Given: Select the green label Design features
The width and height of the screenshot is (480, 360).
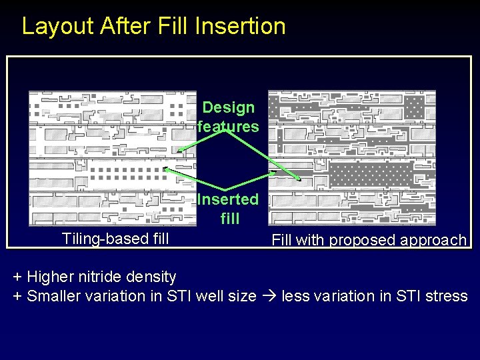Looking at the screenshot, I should (229, 117).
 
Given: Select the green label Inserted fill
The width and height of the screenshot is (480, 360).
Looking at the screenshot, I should (229, 208).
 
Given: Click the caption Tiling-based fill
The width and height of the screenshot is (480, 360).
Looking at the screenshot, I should (115, 239).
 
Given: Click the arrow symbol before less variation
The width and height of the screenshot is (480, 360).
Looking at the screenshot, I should (269, 296).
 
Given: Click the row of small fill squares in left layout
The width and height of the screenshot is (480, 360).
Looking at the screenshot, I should (127, 175).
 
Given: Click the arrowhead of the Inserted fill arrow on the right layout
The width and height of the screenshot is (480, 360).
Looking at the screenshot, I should (300, 179).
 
